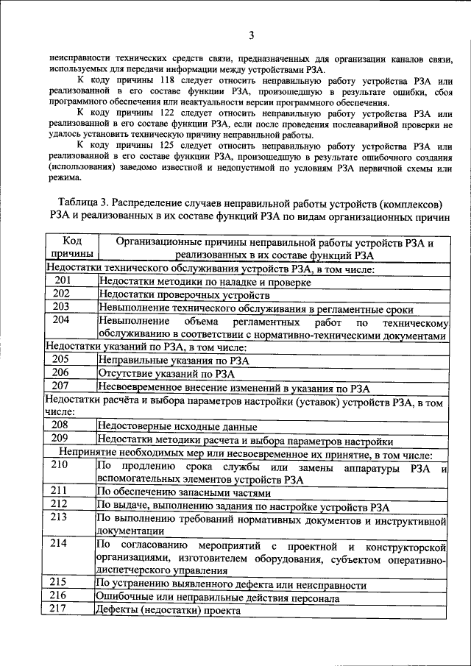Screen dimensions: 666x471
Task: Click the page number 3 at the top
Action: (x=251, y=35)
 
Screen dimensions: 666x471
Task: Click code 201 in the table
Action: (x=62, y=281)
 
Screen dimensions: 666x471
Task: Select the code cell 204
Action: (x=62, y=321)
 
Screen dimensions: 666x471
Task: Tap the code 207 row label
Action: (x=62, y=386)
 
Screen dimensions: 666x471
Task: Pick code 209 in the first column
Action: (x=62, y=439)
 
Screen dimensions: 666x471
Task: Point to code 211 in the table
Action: (x=62, y=490)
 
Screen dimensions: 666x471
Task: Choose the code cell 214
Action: (x=62, y=544)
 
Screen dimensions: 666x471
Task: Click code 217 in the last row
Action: (x=62, y=609)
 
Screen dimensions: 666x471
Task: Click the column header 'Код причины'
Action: (x=71, y=248)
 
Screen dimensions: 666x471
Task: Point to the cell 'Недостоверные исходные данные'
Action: (x=177, y=426)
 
